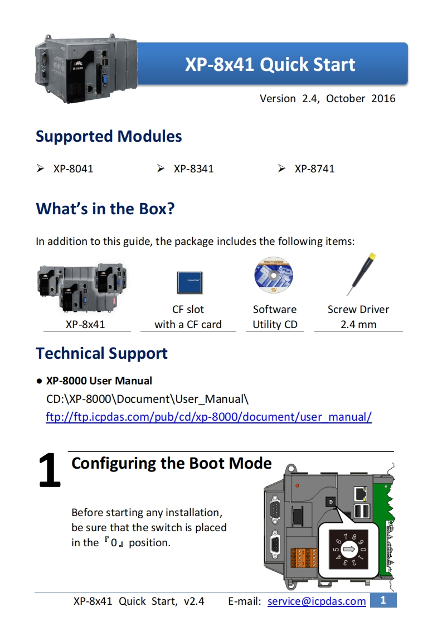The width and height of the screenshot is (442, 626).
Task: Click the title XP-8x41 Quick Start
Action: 270,65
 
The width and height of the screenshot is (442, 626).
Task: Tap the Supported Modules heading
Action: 109,136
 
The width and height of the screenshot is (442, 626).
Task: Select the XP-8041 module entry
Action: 73,168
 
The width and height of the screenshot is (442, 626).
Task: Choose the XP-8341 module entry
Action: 193,168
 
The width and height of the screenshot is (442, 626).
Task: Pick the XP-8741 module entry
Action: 314,168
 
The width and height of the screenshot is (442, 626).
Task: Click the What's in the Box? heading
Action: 105,209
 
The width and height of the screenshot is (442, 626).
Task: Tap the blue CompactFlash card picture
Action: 190,282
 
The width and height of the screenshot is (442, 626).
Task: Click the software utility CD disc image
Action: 274,276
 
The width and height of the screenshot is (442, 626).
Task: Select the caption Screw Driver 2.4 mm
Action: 358,317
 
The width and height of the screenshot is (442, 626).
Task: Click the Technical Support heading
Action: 101,353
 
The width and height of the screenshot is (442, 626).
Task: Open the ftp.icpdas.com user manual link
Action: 208,416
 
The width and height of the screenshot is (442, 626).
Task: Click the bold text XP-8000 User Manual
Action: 99,381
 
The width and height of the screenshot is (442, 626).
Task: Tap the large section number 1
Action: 50,470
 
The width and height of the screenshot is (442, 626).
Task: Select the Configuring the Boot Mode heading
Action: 172,463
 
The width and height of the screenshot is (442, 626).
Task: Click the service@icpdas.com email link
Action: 317,601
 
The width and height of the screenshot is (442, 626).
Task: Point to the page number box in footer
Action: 383,600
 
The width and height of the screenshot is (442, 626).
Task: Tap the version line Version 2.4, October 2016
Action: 327,99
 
